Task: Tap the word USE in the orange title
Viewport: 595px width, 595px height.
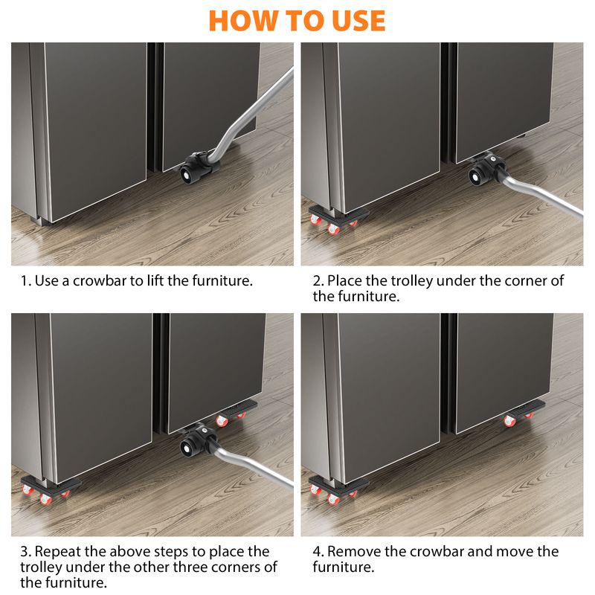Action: click(358, 21)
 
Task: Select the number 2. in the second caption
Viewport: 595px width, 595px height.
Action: click(318, 281)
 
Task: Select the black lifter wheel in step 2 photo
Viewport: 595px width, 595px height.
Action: click(477, 176)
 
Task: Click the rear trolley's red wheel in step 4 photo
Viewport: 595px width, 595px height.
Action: click(509, 421)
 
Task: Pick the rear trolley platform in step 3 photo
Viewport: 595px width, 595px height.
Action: click(238, 407)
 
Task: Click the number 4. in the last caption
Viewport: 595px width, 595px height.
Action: click(318, 551)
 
